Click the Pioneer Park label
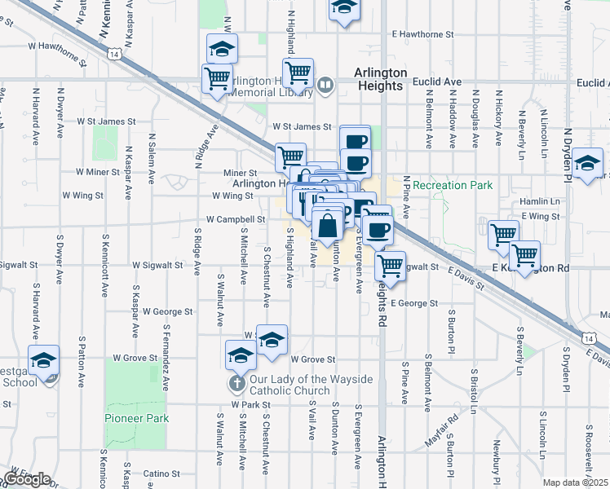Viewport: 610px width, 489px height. click(x=136, y=418)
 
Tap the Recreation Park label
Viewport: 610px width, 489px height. click(x=453, y=185)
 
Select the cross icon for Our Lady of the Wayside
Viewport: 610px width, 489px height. click(x=237, y=381)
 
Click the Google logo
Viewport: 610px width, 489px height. click(x=27, y=479)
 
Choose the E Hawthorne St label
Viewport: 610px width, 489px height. click(x=422, y=34)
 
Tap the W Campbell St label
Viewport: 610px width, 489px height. click(x=236, y=219)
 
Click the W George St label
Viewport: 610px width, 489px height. click(x=167, y=311)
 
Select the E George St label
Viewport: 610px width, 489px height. click(x=414, y=303)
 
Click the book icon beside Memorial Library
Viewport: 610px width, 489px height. click(x=325, y=84)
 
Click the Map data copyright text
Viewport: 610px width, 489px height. click(x=576, y=482)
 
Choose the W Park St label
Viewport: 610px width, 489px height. click(x=250, y=404)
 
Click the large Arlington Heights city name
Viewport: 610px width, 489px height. click(x=380, y=78)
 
